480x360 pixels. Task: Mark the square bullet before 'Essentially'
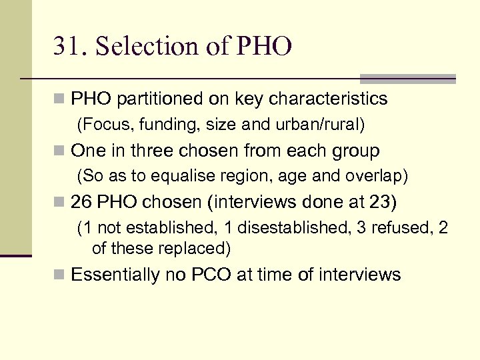point(60,275)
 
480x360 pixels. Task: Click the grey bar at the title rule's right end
point(408,79)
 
